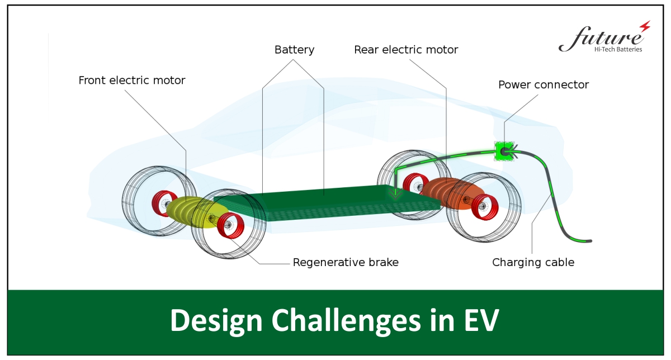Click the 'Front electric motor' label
click(x=132, y=80)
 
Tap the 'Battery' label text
click(x=295, y=50)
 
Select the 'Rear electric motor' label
click(x=406, y=50)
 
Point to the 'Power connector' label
click(x=544, y=85)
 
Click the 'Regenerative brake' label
click(x=346, y=262)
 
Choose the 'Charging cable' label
click(x=533, y=262)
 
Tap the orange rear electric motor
click(x=453, y=194)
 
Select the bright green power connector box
click(x=504, y=151)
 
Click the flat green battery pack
click(x=327, y=203)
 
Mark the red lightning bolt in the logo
click(x=645, y=26)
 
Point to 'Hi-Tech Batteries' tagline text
click(x=618, y=49)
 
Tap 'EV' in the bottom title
click(x=481, y=320)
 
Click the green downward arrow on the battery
click(x=395, y=193)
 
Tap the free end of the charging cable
click(x=590, y=241)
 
